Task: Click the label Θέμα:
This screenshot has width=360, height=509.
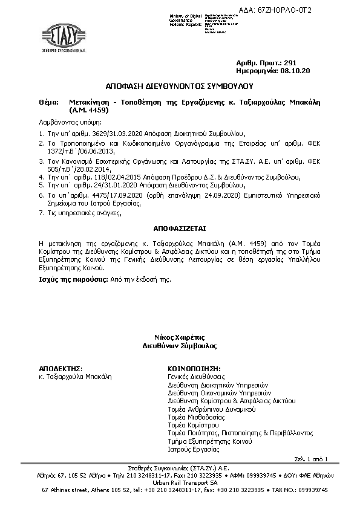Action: pyautogui.click(x=47, y=103)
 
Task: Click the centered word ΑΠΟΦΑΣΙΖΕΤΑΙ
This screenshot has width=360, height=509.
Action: pyautogui.click(x=179, y=225)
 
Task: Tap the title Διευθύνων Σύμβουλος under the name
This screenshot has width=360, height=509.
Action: pyautogui.click(x=179, y=346)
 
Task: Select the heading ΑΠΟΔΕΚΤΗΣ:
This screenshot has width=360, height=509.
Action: pyautogui.click(x=61, y=368)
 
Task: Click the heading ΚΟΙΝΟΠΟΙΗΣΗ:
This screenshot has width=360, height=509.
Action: pyautogui.click(x=194, y=368)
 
